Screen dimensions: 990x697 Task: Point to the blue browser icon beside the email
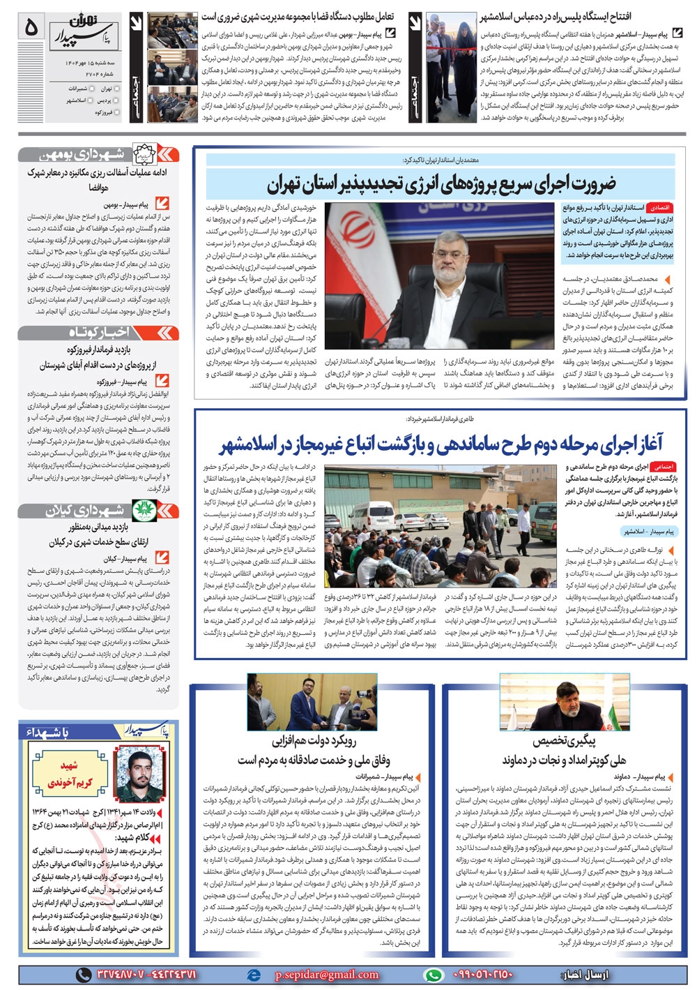tap(254, 975)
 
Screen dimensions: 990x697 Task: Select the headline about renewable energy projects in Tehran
tap(442, 185)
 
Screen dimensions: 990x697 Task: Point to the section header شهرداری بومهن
tap(91, 154)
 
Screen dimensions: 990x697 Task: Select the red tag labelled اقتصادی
tap(659, 208)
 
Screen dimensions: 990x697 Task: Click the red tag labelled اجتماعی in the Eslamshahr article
tap(663, 466)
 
